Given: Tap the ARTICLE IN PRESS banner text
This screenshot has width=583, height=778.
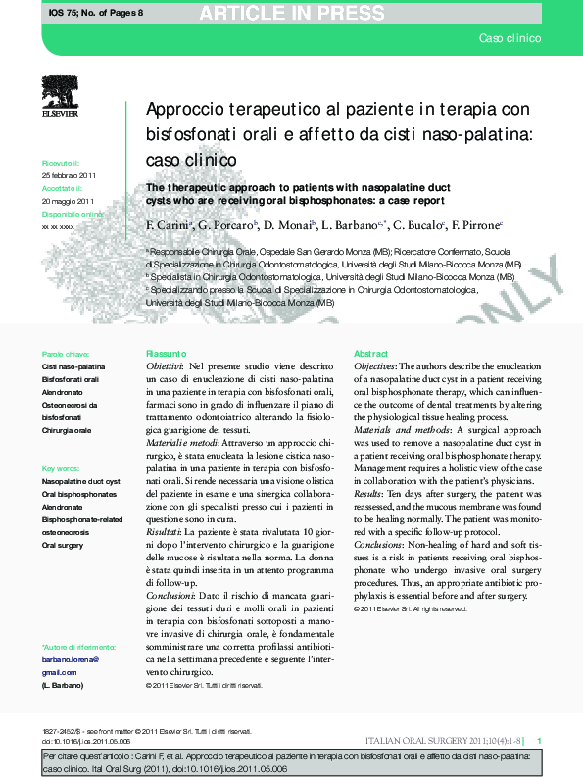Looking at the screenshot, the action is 292,13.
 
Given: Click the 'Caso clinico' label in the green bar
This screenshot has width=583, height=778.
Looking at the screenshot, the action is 510,38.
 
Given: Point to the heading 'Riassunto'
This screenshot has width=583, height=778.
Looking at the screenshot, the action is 165,353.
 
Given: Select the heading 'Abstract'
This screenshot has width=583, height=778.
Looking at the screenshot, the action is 370,353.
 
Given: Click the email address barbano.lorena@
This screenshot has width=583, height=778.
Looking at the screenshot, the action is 71,660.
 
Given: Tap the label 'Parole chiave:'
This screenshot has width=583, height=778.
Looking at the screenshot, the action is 66,353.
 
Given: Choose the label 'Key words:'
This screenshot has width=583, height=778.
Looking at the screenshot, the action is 61,468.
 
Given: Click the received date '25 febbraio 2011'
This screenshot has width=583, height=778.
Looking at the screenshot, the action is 69,174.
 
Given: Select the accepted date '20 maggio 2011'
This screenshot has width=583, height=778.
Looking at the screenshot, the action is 68,199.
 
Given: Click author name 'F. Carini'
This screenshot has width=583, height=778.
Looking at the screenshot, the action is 166,226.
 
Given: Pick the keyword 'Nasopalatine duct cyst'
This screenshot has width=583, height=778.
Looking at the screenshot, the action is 81,482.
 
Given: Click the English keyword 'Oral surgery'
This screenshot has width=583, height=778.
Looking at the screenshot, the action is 63,545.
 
